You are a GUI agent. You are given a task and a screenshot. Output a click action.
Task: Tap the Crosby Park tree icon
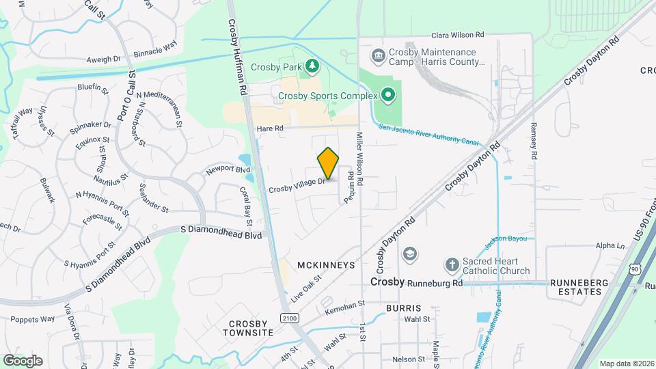312,66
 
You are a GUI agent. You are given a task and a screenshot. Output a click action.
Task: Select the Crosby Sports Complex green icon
388,95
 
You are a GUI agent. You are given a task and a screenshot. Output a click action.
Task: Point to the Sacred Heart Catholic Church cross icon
451,264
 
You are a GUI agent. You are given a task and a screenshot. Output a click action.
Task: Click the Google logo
23,361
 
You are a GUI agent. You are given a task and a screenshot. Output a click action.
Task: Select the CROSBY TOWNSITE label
248,328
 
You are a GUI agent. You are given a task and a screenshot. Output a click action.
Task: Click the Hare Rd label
269,128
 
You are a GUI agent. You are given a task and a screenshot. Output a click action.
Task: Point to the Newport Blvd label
224,168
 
